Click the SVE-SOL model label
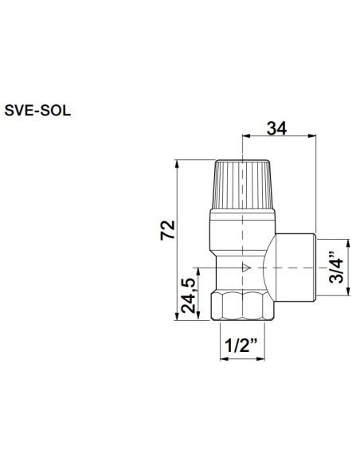click(x=37, y=111)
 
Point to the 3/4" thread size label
click(x=338, y=268)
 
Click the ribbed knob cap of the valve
click(x=244, y=184)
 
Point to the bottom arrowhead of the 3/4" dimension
click(x=347, y=294)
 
